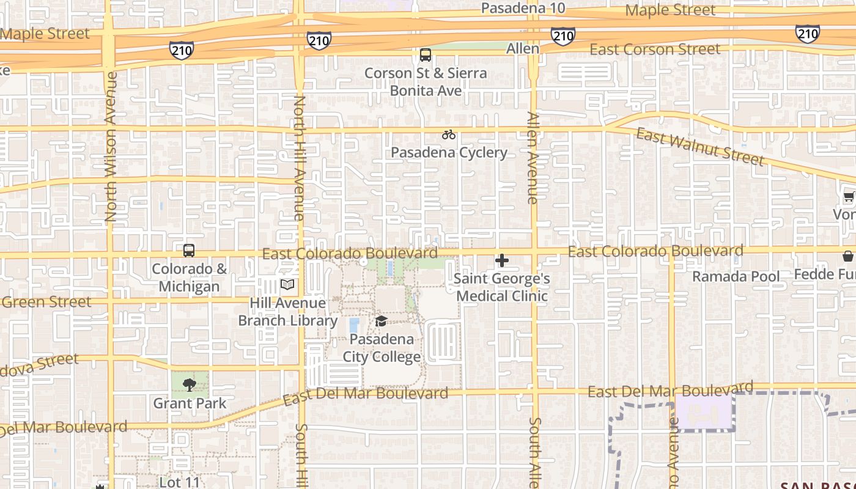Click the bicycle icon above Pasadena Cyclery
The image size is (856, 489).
point(449,134)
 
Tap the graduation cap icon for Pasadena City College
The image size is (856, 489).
point(381,321)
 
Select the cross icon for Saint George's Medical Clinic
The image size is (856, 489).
point(502,260)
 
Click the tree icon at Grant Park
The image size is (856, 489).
point(190,384)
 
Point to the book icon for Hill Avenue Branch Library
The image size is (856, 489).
point(287,284)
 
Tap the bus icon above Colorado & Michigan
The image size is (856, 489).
point(189,250)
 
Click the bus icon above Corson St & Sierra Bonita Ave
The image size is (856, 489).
point(426,55)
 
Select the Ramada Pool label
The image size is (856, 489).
point(736,276)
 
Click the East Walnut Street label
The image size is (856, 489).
point(700,147)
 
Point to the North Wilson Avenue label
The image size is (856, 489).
point(111,147)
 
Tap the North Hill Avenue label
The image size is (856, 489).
point(299,158)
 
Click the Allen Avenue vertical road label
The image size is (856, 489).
point(533,158)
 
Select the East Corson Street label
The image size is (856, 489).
point(655,50)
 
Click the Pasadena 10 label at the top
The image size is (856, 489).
point(523,8)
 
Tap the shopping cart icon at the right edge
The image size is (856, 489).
point(849,197)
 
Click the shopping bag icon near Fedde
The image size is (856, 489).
point(848,256)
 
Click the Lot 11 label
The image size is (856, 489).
point(179,482)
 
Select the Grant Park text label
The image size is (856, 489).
point(190,403)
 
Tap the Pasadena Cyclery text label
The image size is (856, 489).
point(449,152)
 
